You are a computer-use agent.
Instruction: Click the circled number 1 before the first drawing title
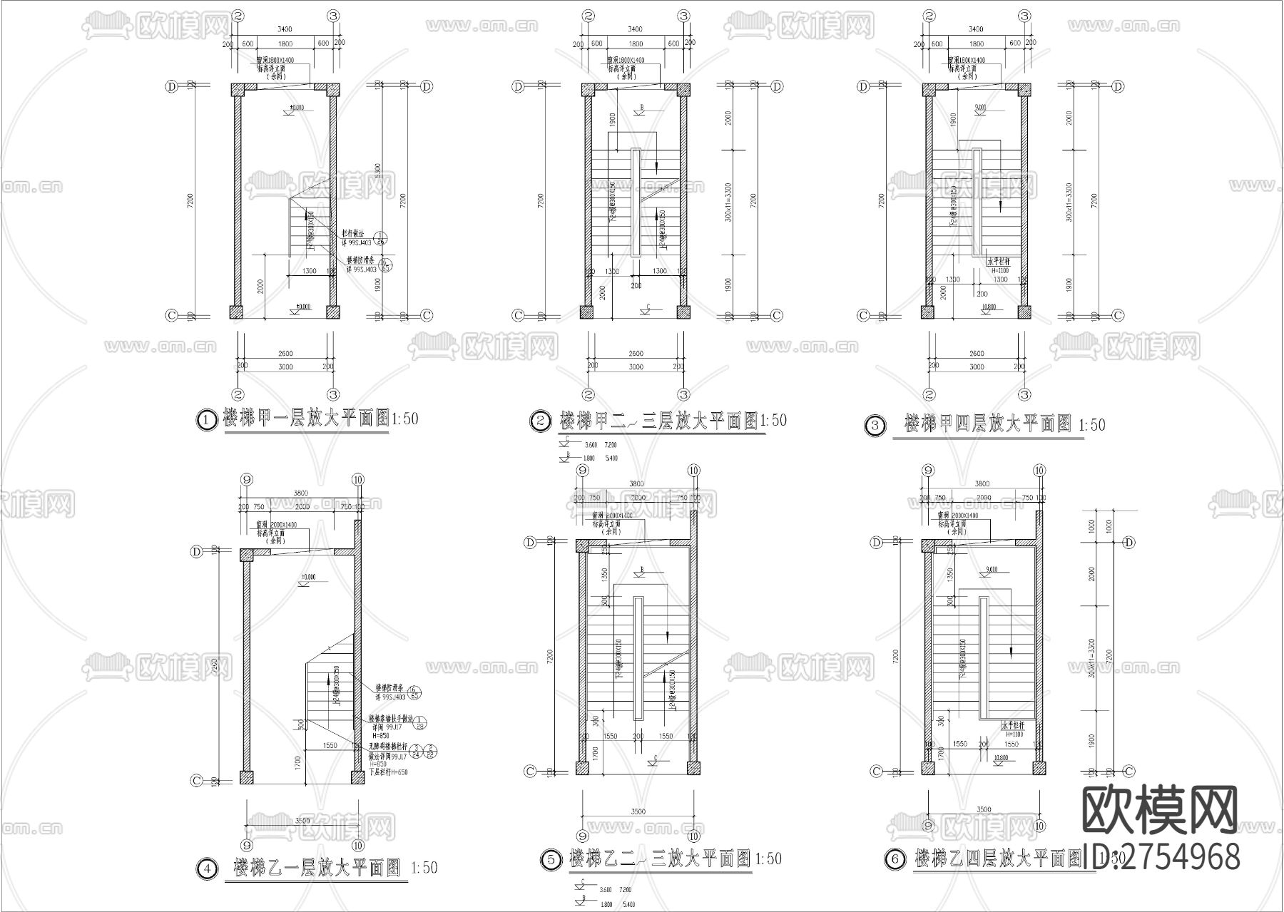(205, 421)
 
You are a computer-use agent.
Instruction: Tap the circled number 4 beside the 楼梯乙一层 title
(206, 869)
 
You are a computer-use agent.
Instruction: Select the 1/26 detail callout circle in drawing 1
(381, 239)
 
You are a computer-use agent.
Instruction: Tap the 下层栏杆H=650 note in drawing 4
(389, 772)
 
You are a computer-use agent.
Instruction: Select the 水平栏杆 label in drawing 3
(999, 262)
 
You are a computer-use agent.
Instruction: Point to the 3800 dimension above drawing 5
(636, 483)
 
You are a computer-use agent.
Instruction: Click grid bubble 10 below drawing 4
(357, 845)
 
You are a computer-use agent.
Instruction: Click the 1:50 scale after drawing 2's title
(773, 421)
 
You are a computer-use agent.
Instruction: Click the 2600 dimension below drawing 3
(977, 354)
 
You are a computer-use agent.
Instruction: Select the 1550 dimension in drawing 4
(330, 745)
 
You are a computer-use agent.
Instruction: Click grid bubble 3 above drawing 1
(333, 16)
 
